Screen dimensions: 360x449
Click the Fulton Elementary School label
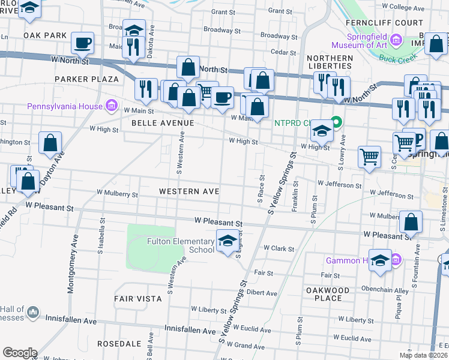click(180, 245)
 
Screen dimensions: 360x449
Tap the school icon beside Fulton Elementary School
click(226, 241)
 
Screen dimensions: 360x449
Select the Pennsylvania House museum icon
click(110, 107)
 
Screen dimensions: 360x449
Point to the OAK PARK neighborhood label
click(45, 35)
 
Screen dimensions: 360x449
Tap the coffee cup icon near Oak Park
click(82, 43)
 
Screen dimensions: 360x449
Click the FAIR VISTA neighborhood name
click(137, 298)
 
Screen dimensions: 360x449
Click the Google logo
click(20, 353)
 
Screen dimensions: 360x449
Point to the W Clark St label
click(279, 248)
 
